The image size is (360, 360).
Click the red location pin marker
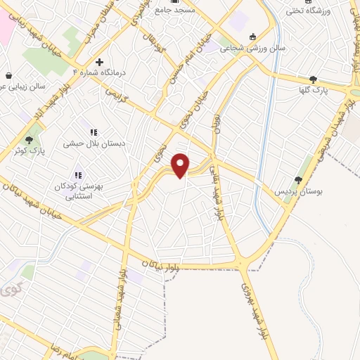pyautogui.click(x=181, y=165)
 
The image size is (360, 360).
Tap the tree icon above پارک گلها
pyautogui.click(x=313, y=79)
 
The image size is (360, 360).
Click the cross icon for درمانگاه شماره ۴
pyautogui.click(x=99, y=62)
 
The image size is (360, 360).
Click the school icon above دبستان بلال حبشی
pyautogui.click(x=93, y=131)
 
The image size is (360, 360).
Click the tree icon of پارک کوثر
pyautogui.click(x=29, y=139)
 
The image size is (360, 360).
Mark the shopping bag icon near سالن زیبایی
pyautogui.click(x=8, y=75)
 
